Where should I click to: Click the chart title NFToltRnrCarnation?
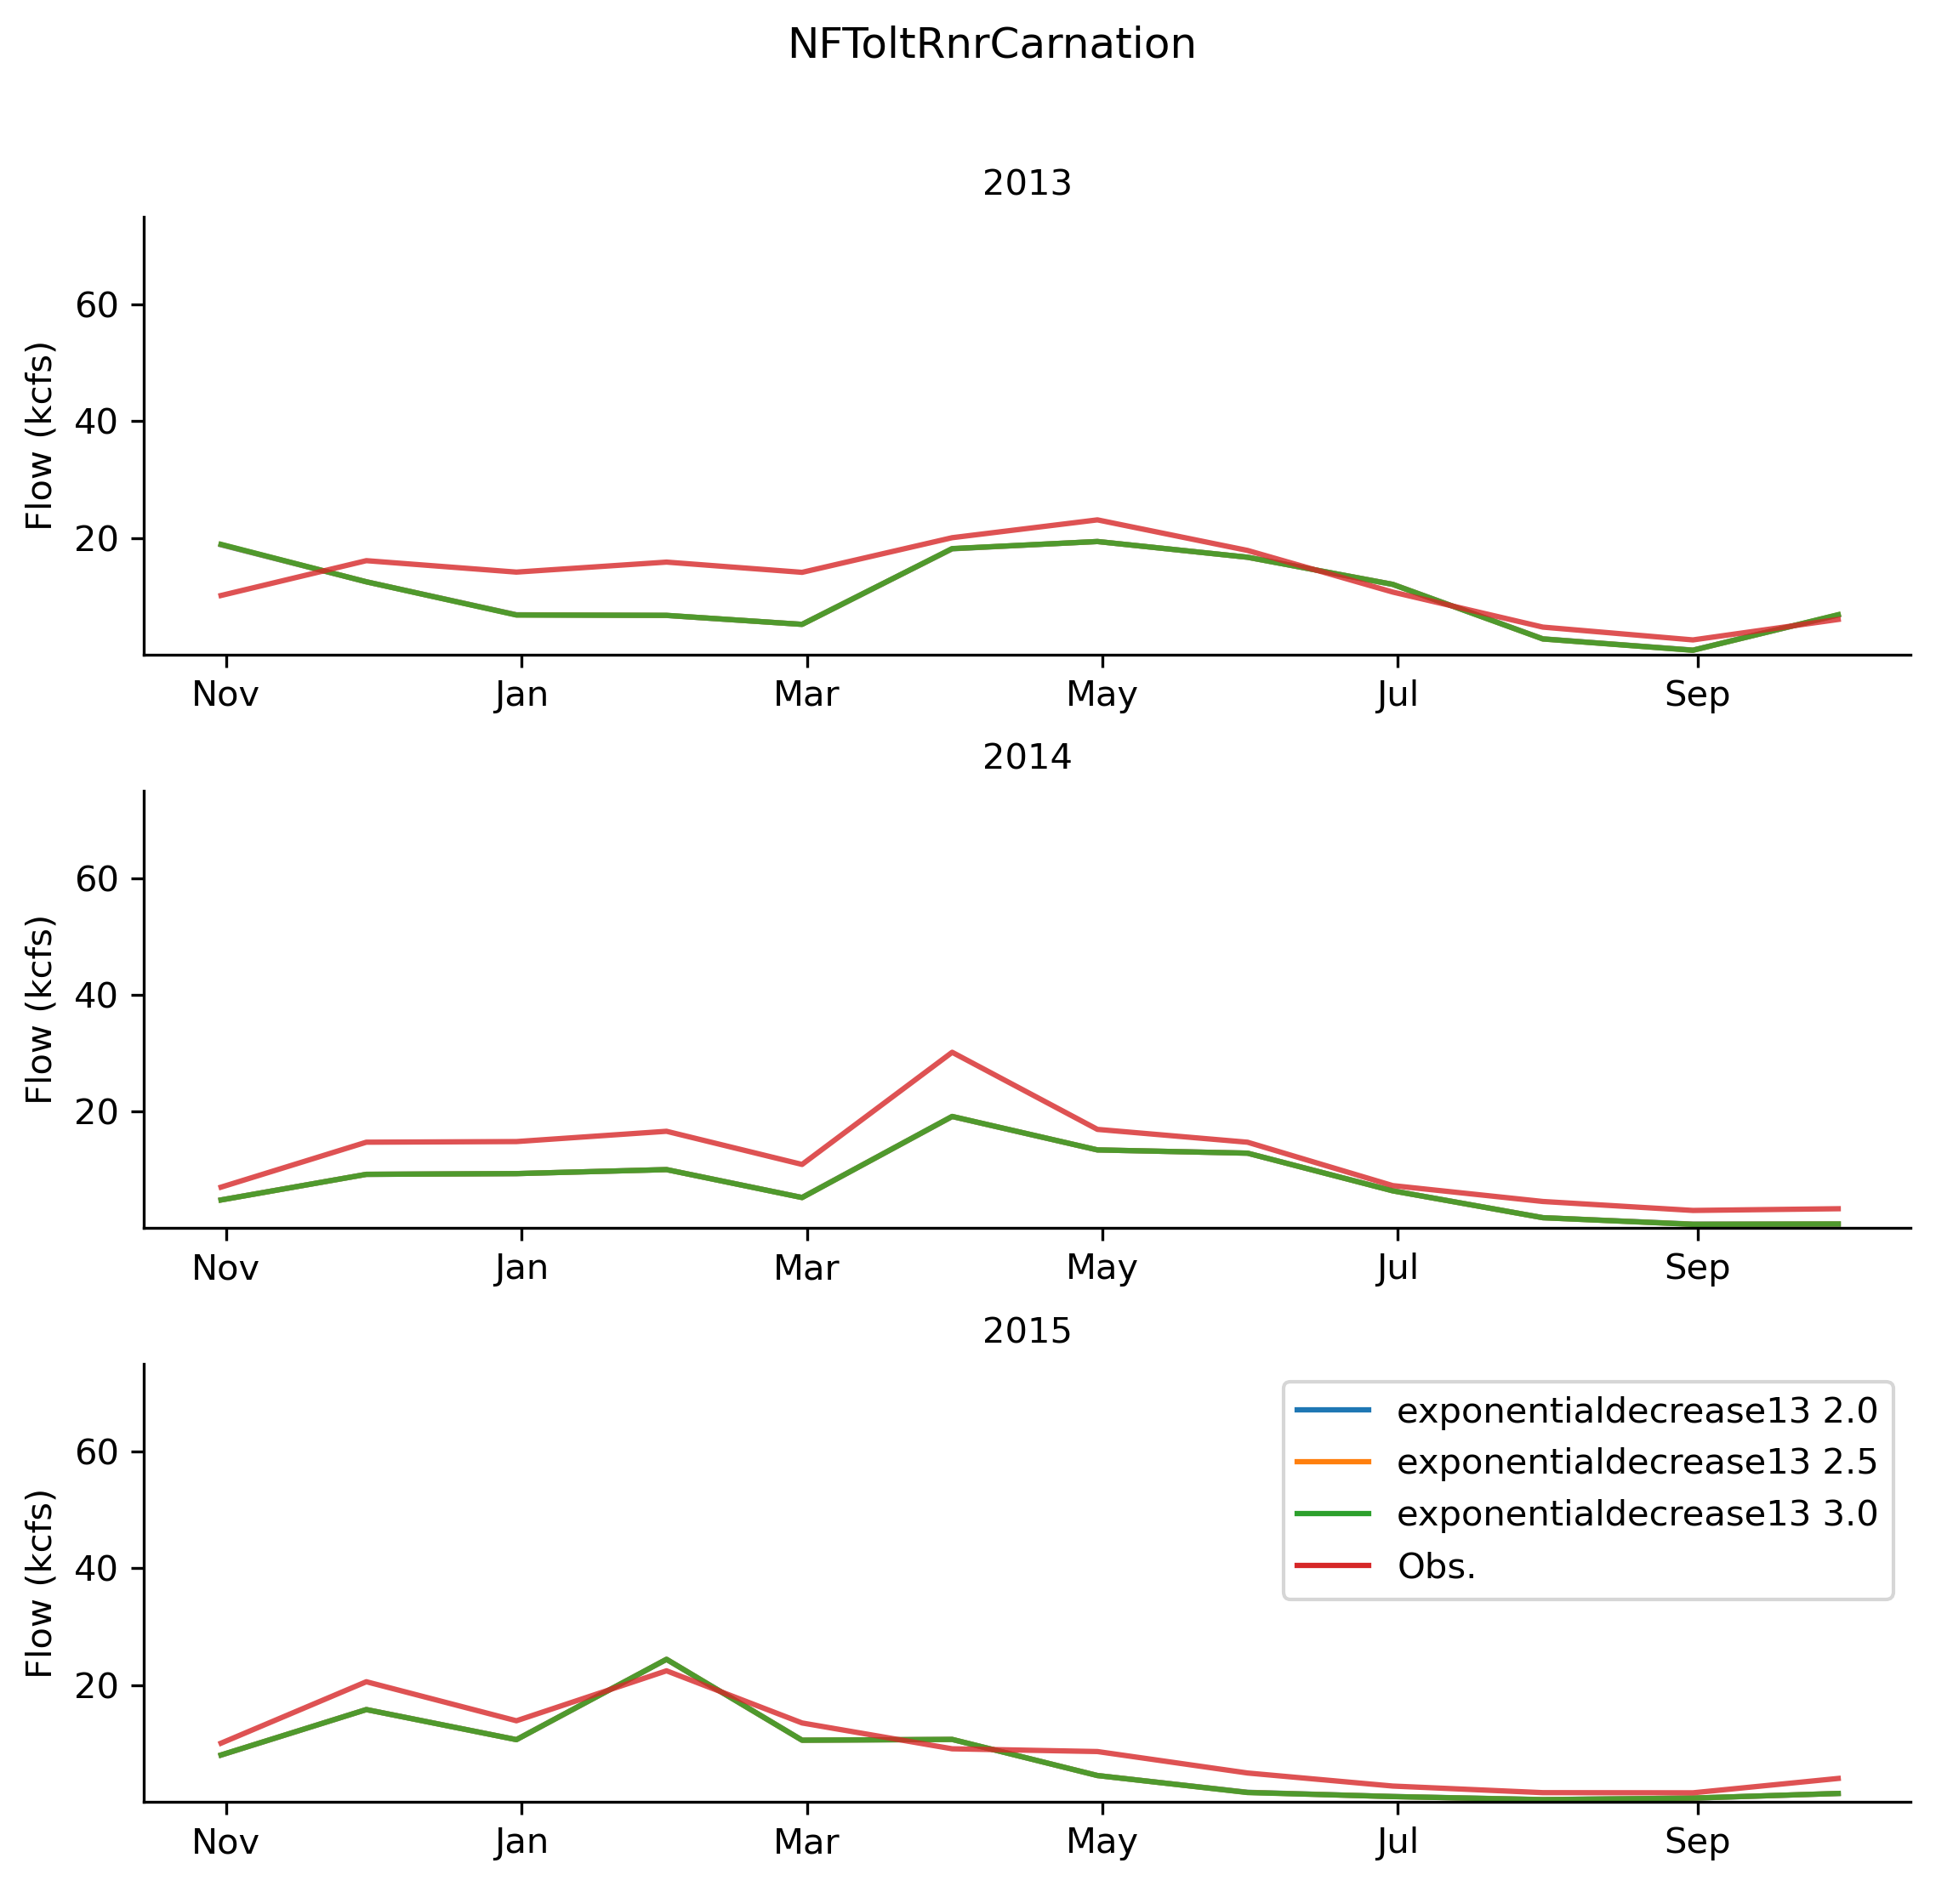point(991,44)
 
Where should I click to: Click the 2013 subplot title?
point(1027,185)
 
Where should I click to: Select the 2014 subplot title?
point(1027,758)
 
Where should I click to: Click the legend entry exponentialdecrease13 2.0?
point(1636,1411)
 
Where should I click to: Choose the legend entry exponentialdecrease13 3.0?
point(1636,1514)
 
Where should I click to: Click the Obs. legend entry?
point(1436,1566)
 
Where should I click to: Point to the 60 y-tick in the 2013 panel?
point(97,305)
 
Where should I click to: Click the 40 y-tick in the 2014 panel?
point(97,996)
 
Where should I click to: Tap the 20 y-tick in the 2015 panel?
point(97,1686)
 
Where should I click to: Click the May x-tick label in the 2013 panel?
point(1101,696)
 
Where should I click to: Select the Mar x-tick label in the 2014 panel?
point(806,1269)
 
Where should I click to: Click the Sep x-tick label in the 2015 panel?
point(1696,1843)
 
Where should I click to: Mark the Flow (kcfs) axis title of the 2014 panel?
point(40,1009)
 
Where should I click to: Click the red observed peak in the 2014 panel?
point(951,1052)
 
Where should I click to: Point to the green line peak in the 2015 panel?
point(666,1659)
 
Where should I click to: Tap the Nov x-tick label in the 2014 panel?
point(226,1269)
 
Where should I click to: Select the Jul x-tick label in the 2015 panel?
point(1397,1843)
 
